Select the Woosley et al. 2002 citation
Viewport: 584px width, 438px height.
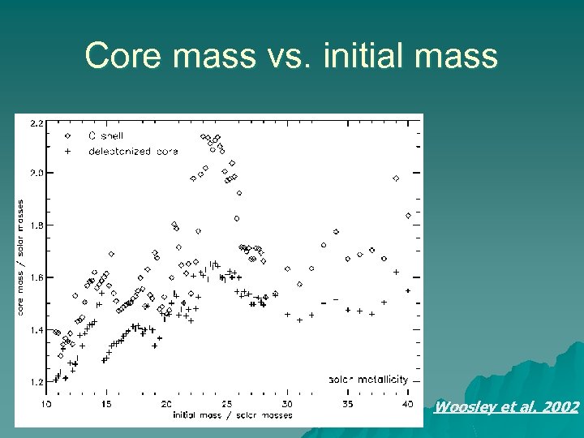tap(507, 407)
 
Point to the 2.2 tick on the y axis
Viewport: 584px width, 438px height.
tap(37, 124)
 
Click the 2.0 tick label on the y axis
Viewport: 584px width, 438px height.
tap(37, 173)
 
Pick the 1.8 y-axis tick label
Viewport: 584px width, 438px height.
tap(37, 225)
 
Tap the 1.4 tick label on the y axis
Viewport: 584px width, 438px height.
tap(37, 330)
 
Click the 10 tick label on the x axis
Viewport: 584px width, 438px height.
tap(47, 403)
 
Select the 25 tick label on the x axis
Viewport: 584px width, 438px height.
tap(227, 403)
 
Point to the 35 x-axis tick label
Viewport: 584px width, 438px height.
tap(348, 403)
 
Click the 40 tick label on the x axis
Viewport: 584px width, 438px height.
tap(407, 403)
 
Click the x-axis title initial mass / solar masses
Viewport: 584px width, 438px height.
tap(232, 414)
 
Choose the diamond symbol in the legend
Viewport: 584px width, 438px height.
tap(68, 136)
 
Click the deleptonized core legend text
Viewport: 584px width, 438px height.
tap(121, 152)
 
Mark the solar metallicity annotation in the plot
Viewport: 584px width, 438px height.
tap(368, 379)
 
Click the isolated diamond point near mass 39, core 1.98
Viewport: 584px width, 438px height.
tap(396, 178)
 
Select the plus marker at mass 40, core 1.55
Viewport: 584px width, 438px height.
tap(407, 290)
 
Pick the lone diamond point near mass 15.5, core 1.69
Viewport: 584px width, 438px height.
tap(111, 254)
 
